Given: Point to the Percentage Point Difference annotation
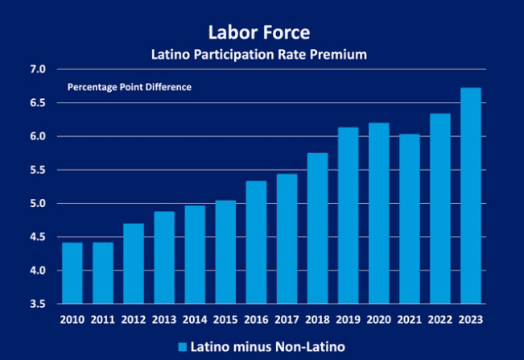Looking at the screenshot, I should (x=129, y=87).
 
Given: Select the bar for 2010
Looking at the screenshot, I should (x=72, y=273).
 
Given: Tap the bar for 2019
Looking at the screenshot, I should (x=349, y=215).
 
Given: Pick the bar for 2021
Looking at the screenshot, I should (x=410, y=218).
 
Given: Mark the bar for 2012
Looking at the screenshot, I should (x=134, y=263).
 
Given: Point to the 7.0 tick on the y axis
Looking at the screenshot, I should (x=39, y=69).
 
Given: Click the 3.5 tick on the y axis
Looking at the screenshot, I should (x=39, y=304).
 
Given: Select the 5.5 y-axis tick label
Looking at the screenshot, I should (x=39, y=170).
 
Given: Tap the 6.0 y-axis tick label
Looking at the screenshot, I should (x=39, y=137).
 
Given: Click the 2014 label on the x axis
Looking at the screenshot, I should (x=195, y=319).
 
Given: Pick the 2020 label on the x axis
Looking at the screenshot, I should (x=379, y=319).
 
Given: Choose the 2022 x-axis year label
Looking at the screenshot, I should (x=440, y=319).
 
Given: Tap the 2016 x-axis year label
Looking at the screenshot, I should (x=256, y=319).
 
